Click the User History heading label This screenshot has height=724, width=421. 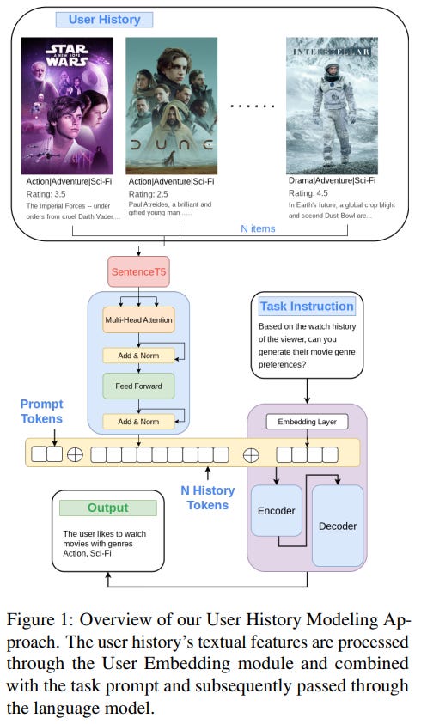click(103, 19)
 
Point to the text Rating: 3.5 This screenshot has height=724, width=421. click(48, 195)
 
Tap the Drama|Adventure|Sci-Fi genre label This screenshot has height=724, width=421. click(331, 182)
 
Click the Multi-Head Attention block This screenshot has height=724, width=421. click(138, 319)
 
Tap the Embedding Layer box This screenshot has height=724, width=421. click(307, 422)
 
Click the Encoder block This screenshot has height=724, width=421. click(276, 510)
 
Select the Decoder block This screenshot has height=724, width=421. click(337, 526)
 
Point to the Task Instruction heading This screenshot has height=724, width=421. click(307, 307)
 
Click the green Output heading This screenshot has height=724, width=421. click(107, 508)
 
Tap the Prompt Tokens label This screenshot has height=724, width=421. click(42, 411)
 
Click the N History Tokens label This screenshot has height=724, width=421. click(208, 498)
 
